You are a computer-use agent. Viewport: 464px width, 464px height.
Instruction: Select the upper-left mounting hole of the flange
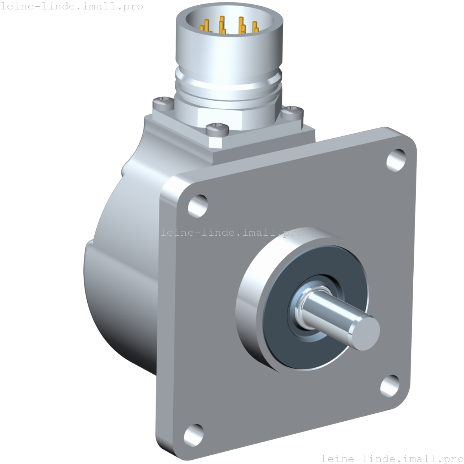pos(198,205)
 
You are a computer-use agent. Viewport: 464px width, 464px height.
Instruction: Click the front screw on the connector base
pos(217,128)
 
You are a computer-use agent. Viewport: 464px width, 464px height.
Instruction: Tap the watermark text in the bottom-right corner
pos(392,458)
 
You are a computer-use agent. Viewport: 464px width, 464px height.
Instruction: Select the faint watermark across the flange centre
pos(232,233)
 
